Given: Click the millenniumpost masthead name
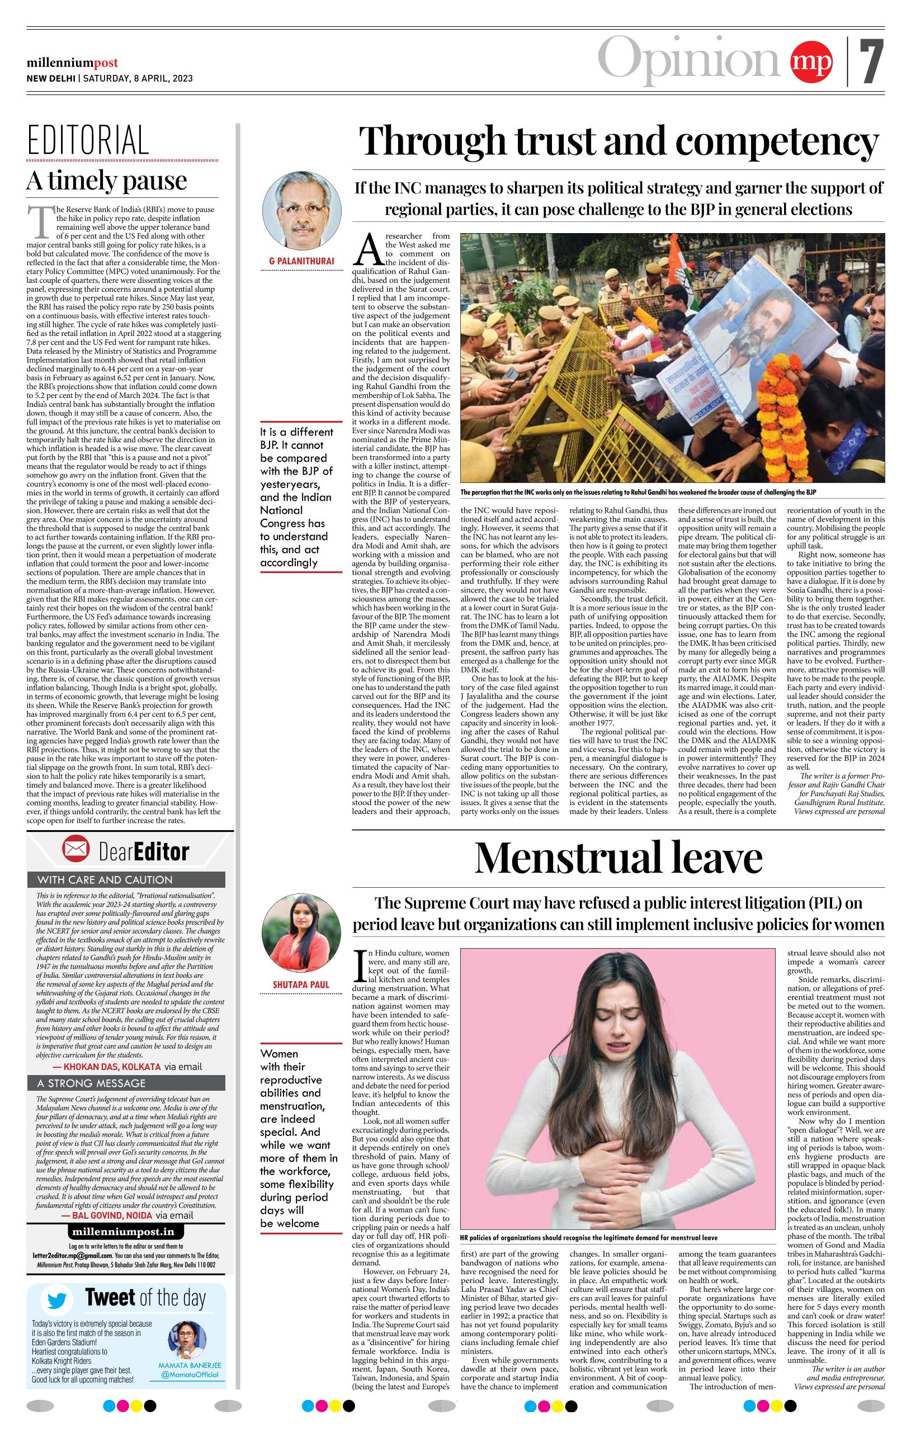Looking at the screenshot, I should [72, 63].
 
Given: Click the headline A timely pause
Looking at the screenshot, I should [106, 180].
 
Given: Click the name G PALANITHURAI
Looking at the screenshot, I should [302, 261].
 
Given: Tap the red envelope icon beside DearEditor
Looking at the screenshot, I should [76, 851].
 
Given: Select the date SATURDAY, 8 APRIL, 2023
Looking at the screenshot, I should [137, 78].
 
